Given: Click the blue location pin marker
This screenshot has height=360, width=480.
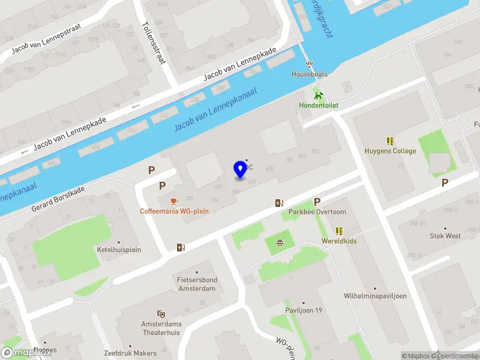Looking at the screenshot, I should (x=240, y=170).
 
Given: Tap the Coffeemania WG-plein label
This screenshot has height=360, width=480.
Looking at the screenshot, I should (x=174, y=211).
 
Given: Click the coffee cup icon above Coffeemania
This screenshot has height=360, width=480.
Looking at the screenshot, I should (x=174, y=200).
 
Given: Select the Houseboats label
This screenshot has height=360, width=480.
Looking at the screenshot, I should (x=309, y=74).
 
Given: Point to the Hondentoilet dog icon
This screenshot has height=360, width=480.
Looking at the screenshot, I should (x=319, y=95).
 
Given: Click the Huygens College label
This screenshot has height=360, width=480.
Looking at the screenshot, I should (x=390, y=151).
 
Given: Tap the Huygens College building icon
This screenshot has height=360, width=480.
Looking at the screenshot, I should (x=390, y=141).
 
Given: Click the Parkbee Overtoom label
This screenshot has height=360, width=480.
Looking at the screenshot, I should (x=317, y=212).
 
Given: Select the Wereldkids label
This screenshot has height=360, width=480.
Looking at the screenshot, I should (x=339, y=241).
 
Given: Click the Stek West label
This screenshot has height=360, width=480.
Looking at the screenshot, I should (x=445, y=236).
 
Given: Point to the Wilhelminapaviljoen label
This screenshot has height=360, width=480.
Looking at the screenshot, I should (x=375, y=296).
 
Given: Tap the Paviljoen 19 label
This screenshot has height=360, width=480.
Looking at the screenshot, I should (x=304, y=310).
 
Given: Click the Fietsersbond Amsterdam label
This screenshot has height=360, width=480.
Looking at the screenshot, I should (x=196, y=284).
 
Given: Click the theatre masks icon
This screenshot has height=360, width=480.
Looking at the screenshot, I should (x=160, y=313).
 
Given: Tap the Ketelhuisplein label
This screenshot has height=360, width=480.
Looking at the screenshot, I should (x=119, y=250).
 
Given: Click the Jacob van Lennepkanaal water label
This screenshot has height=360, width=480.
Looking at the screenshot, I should (x=215, y=109).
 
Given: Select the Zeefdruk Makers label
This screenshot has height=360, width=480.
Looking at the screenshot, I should (x=130, y=353).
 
